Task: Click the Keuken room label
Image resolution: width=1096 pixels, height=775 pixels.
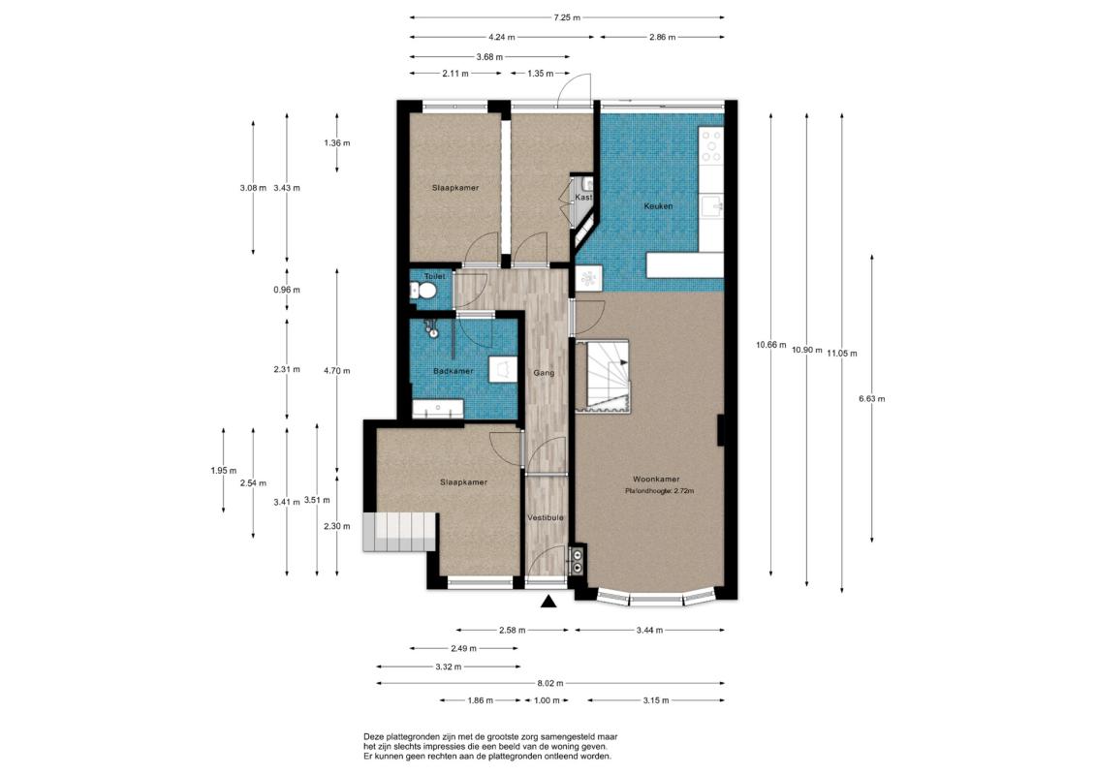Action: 658,206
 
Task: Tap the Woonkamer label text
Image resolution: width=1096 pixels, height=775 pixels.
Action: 656,480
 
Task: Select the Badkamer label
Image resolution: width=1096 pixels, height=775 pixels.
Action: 453,371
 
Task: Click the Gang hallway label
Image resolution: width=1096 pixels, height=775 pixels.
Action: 544,373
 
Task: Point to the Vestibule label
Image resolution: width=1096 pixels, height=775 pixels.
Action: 546,518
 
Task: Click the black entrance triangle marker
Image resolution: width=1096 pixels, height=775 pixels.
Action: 549,601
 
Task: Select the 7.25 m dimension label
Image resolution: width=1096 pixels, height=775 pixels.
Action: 567,17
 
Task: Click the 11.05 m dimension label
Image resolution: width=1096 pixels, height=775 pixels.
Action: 841,354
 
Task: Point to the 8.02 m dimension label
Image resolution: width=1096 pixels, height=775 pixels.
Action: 549,684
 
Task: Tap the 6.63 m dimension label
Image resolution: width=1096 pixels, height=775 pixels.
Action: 871,399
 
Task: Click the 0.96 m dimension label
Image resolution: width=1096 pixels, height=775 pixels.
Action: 287,290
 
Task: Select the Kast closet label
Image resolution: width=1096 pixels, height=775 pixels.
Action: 583,198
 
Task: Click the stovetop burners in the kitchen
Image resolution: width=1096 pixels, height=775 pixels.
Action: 713,146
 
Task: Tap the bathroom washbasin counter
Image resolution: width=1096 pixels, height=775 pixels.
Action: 438,409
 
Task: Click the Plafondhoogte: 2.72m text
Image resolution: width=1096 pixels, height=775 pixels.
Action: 660,491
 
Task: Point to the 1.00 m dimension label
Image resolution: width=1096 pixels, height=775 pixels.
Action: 547,700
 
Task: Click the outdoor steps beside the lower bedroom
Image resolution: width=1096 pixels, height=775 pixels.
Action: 400,532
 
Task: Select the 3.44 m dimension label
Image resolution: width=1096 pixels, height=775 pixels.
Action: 649,631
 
